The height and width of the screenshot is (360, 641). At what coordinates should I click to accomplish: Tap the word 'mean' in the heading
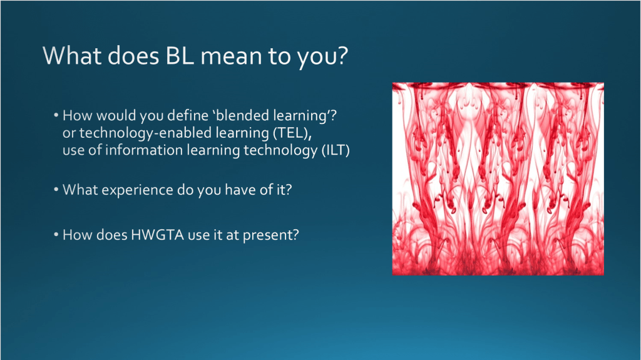click(x=231, y=56)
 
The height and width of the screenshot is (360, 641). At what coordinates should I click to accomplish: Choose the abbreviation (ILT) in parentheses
click(x=336, y=150)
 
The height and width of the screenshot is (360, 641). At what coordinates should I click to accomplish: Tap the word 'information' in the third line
click(x=144, y=150)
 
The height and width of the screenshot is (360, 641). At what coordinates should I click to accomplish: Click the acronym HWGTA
click(x=157, y=235)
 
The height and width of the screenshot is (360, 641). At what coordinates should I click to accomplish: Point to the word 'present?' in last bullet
click(x=271, y=235)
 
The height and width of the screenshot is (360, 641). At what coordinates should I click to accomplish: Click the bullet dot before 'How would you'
click(x=56, y=116)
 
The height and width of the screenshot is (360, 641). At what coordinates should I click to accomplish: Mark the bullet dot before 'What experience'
click(x=56, y=190)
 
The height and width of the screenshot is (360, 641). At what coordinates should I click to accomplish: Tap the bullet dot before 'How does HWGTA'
click(x=56, y=235)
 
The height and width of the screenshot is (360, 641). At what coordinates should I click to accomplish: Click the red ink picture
click(x=498, y=179)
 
